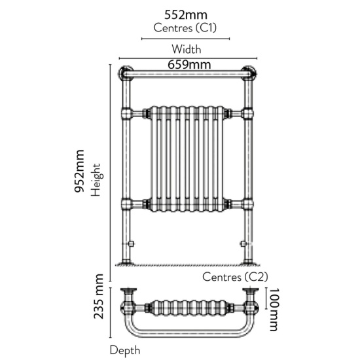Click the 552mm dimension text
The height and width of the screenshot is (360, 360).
pyautogui.click(x=185, y=15)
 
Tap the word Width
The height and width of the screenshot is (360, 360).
pyautogui.click(x=186, y=49)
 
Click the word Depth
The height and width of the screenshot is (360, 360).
pyautogui.click(x=124, y=351)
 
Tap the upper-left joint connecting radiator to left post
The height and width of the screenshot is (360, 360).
pyautogui.click(x=126, y=114)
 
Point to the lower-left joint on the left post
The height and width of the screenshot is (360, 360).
pyautogui.click(x=126, y=204)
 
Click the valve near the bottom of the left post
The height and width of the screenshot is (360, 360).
pyautogui.click(x=132, y=243)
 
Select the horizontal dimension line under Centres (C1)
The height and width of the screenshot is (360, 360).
pyautogui.click(x=185, y=39)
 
